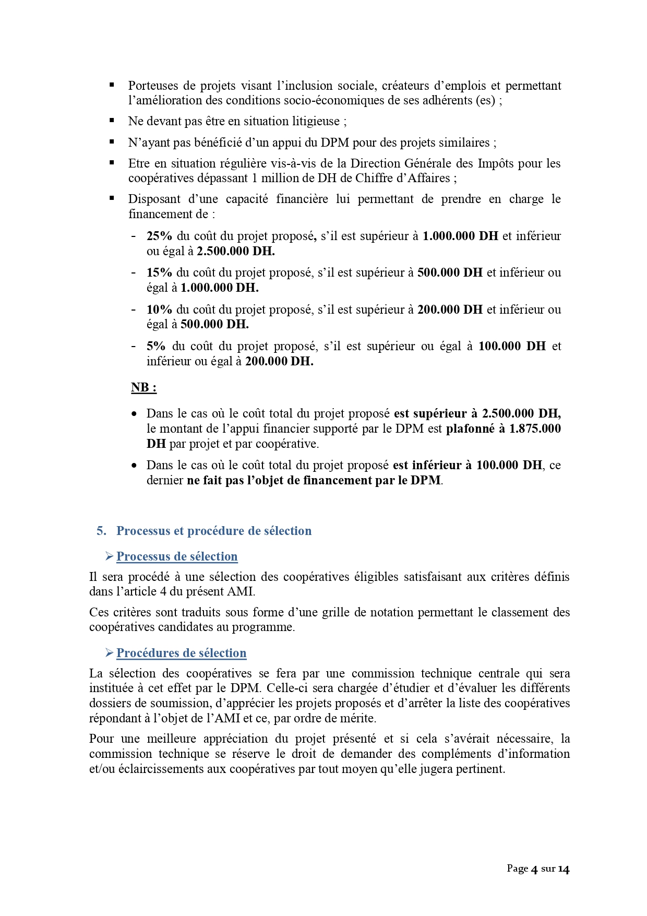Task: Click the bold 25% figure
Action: pyautogui.click(x=159, y=236)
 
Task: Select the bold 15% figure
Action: pyautogui.click(x=159, y=272)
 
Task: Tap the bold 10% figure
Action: pyautogui.click(x=159, y=310)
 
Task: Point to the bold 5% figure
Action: pyautogui.click(x=156, y=346)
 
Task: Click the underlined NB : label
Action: pyautogui.click(x=143, y=388)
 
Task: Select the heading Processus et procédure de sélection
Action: pyautogui.click(x=214, y=531)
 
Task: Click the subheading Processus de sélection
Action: pyautogui.click(x=177, y=556)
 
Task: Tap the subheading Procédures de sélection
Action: pyautogui.click(x=181, y=653)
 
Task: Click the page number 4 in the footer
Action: pyautogui.click(x=534, y=869)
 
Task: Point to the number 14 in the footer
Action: pyautogui.click(x=564, y=869)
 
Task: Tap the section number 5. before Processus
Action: pyautogui.click(x=101, y=531)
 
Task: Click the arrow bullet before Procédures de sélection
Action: pyautogui.click(x=109, y=653)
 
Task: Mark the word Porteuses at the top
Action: pyautogui.click(x=153, y=86)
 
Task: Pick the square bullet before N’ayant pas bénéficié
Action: pyautogui.click(x=112, y=141)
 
